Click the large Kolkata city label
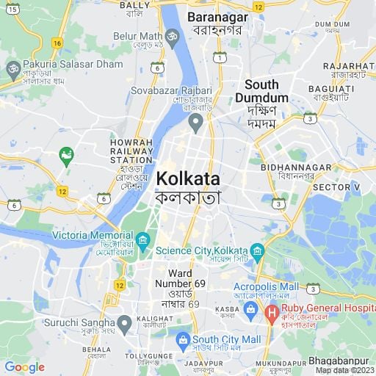pyautogui.click(x=187, y=178)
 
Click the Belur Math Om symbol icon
pyautogui.click(x=173, y=35)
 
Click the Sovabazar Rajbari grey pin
pyautogui.click(x=195, y=121)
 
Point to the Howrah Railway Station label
pyautogui.click(x=131, y=151)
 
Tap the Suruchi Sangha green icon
pyautogui.click(x=125, y=322)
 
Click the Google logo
pyautogui.click(x=24, y=367)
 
